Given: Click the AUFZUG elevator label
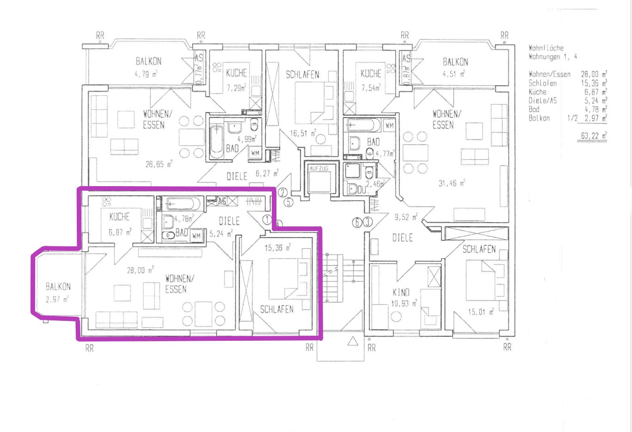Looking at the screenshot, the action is click(319, 169).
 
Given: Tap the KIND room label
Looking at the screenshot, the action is click(401, 292).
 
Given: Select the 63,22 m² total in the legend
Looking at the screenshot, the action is click(593, 136).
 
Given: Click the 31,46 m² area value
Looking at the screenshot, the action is click(451, 183).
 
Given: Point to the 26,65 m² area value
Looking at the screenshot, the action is click(159, 164).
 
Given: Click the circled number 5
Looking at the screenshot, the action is click(289, 203).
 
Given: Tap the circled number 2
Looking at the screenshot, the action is click(282, 193).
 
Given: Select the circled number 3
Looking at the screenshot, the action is click(368, 222).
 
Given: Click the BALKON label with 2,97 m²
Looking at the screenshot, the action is click(58, 287).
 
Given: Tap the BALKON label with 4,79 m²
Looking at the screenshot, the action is click(148, 61).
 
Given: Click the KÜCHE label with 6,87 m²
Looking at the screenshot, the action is click(119, 217).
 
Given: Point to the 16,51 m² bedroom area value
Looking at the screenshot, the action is click(303, 133).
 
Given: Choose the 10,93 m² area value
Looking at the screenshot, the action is click(404, 304).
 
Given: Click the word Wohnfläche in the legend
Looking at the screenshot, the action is click(546, 48).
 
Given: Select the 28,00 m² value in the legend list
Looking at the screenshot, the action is click(594, 74).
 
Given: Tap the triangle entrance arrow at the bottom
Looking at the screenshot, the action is click(352, 342).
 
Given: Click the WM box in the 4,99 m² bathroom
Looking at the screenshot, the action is click(255, 153).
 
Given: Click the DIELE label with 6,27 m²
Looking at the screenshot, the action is click(237, 176).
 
